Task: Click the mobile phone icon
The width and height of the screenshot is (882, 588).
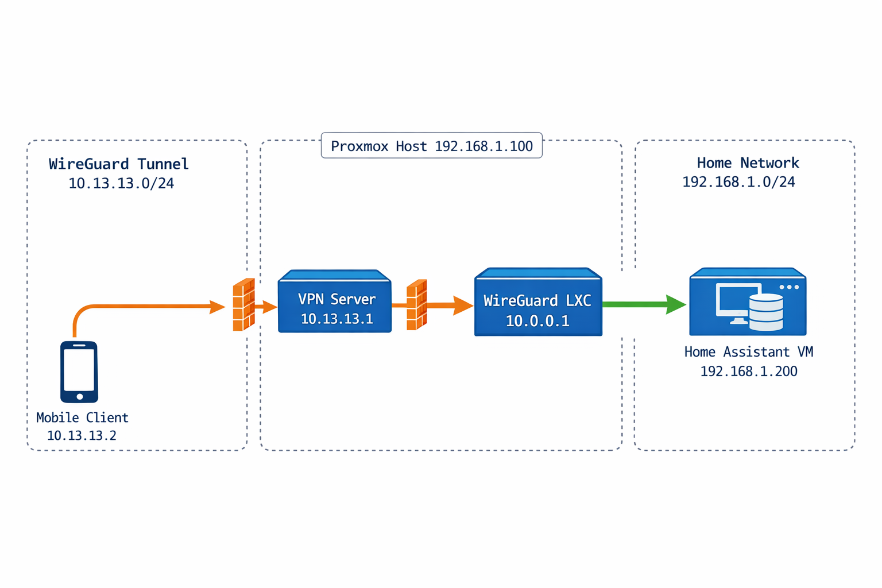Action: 79,372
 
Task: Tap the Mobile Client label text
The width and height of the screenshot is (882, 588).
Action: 82,417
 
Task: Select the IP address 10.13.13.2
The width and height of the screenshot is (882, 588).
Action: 82,436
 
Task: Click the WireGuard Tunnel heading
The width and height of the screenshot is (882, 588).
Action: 119,164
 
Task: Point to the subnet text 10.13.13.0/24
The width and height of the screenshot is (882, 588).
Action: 121,184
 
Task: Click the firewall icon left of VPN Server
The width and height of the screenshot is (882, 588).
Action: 243,305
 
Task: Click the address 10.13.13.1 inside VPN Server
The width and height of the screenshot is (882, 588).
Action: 337,319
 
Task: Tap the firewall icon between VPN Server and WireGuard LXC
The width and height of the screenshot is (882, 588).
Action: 416,305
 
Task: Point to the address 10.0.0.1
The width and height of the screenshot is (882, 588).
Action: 537,321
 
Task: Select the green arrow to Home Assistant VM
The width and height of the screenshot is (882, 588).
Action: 643,304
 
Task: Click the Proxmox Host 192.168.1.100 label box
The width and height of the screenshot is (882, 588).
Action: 432,146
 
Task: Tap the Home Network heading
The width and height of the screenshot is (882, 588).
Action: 748,163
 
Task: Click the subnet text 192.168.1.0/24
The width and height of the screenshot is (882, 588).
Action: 738,183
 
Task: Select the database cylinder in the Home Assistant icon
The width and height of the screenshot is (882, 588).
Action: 766,313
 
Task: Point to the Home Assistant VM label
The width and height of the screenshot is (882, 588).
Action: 748,352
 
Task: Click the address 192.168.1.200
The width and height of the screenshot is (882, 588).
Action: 748,372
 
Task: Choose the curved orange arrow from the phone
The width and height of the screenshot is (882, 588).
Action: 144,307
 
